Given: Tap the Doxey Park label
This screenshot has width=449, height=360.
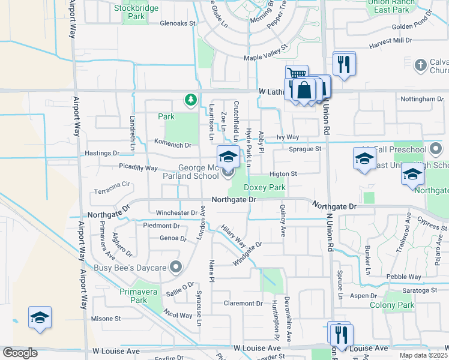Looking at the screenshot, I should pyautogui.click(x=264, y=188).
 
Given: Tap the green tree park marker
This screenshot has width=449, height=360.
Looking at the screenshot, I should pyautogui.click(x=191, y=99).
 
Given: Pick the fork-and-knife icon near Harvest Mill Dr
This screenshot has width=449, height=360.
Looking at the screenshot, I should pyautogui.click(x=344, y=64).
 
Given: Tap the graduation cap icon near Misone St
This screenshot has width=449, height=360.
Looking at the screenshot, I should pyautogui.click(x=40, y=317).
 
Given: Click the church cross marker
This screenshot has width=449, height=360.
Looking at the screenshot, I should pyautogui.click(x=421, y=64).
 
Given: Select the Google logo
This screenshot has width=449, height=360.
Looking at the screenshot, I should pyautogui.click(x=20, y=353).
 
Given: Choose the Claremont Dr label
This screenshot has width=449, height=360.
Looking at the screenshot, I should pyautogui.click(x=243, y=303).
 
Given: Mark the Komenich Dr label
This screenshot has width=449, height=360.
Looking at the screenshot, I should pyautogui.click(x=172, y=145).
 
